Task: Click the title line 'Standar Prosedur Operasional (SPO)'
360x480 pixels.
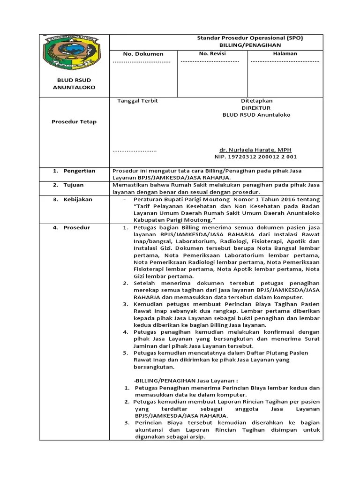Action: click(x=249, y=38)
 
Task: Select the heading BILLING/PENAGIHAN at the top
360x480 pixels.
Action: click(x=250, y=45)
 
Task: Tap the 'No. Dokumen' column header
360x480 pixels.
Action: click(x=143, y=54)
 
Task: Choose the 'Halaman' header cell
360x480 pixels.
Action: click(x=285, y=54)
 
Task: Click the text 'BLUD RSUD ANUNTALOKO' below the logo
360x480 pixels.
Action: click(x=74, y=84)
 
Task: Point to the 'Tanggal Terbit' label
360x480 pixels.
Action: click(x=137, y=101)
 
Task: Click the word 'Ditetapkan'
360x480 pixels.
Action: click(x=256, y=101)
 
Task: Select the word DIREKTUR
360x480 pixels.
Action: click(x=256, y=108)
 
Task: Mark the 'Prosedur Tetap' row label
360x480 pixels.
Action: click(x=74, y=122)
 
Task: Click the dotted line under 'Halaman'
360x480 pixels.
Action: click(x=285, y=61)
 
